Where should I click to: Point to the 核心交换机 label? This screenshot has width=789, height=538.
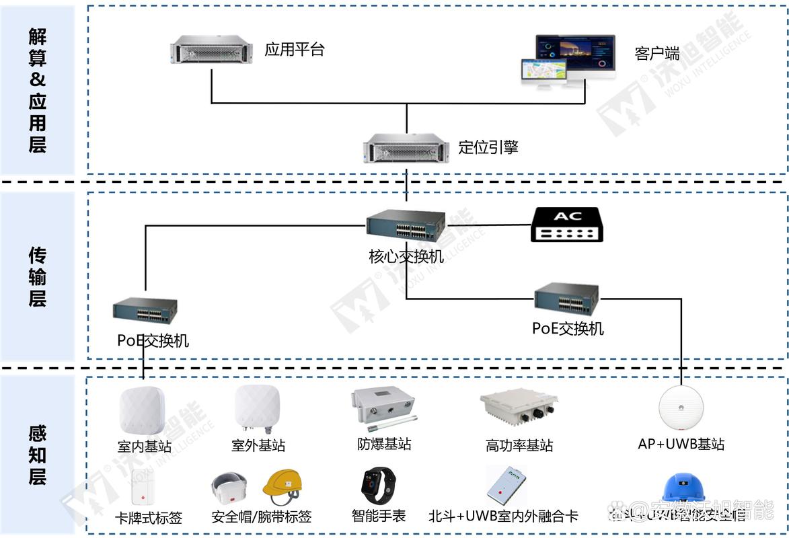pos(406,256)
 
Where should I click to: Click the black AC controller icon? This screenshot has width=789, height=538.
pos(566,225)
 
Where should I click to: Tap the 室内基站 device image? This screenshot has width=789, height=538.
pos(142,411)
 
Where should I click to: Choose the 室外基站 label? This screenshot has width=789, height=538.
pos(258,445)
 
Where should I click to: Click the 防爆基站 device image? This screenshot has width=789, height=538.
pos(383,408)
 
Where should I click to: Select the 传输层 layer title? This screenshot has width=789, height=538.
pos(38,276)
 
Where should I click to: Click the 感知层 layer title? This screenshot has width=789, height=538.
pos(38,456)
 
